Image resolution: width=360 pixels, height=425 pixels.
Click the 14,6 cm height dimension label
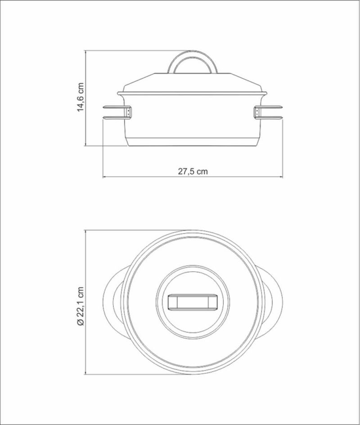pos(81,97)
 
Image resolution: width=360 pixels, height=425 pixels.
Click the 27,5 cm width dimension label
pos(193,171)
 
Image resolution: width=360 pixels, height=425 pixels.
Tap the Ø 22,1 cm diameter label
pos(81,305)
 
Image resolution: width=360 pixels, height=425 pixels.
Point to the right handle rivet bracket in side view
pos(257,112)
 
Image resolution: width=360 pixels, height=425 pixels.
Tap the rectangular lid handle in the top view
pos(193,302)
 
